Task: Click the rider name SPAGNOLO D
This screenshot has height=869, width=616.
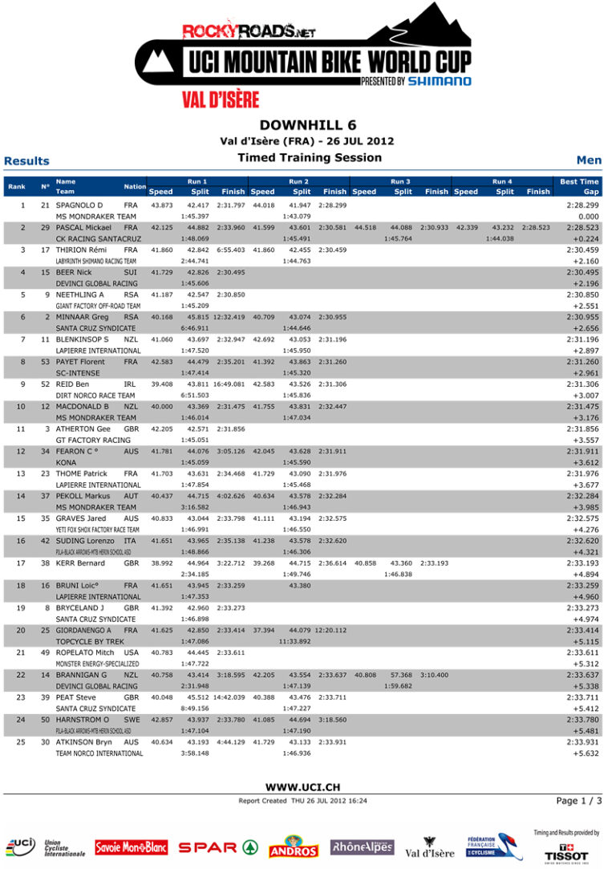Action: click(79, 205)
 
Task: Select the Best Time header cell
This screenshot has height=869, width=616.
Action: click(579, 182)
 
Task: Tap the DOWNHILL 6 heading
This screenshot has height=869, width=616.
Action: click(308, 124)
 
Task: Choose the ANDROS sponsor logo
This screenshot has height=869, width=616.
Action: click(294, 847)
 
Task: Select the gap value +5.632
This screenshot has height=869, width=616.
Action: click(586, 753)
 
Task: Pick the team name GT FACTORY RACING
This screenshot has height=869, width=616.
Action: click(93, 440)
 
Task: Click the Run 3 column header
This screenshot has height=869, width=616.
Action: click(400, 182)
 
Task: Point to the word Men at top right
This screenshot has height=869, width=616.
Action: click(589, 160)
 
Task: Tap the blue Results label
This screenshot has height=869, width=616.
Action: click(26, 161)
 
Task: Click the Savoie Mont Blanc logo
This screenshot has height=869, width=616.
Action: click(131, 847)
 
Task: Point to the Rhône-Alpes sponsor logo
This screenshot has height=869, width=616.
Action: click(362, 847)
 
